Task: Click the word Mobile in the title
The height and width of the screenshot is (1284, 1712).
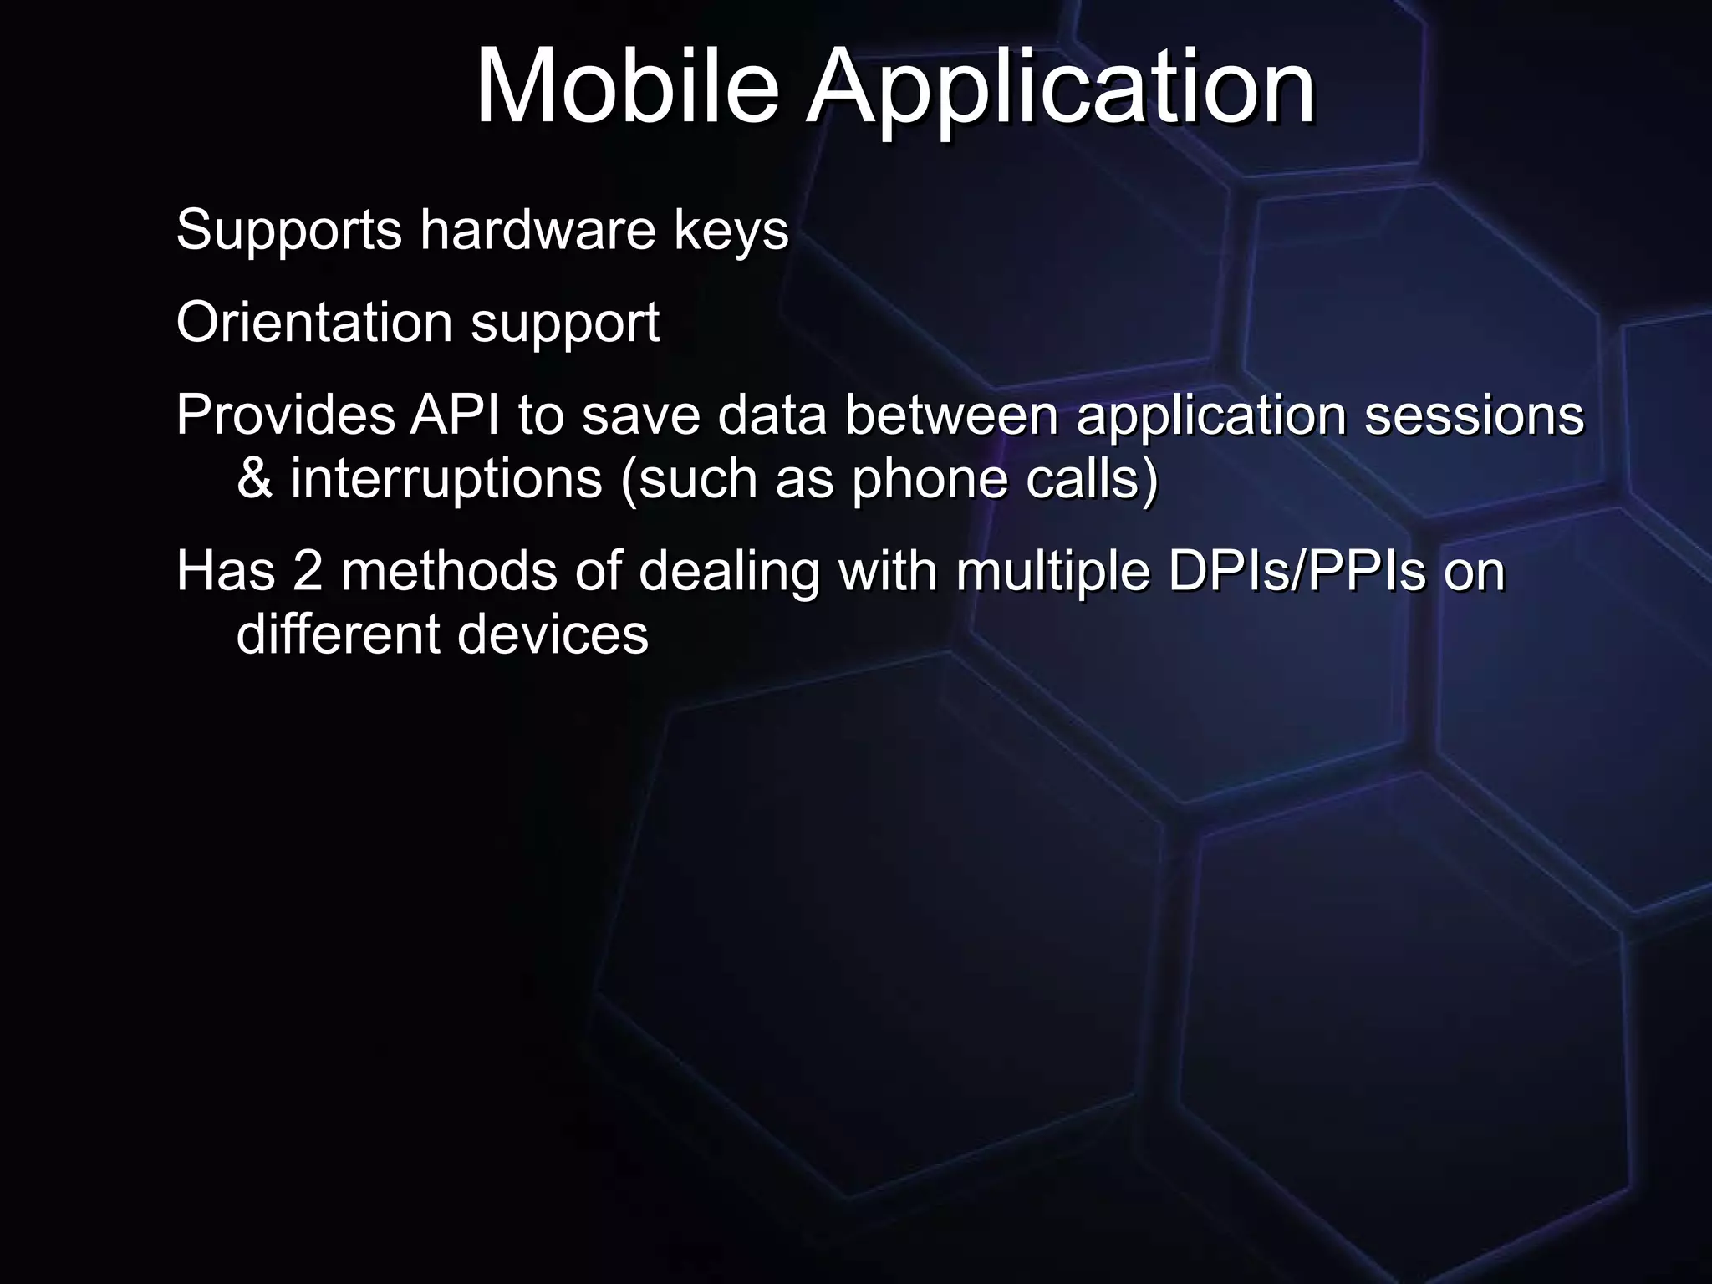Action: tap(627, 87)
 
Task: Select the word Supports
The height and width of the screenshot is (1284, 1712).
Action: tap(289, 231)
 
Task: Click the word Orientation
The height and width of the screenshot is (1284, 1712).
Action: tap(314, 323)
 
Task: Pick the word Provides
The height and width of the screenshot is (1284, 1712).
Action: tap(285, 415)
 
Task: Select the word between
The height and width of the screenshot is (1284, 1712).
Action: tap(951, 415)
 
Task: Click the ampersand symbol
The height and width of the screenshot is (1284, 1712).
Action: tap(254, 479)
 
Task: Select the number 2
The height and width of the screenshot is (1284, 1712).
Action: tap(307, 572)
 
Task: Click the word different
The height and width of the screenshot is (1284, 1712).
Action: tap(337, 634)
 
